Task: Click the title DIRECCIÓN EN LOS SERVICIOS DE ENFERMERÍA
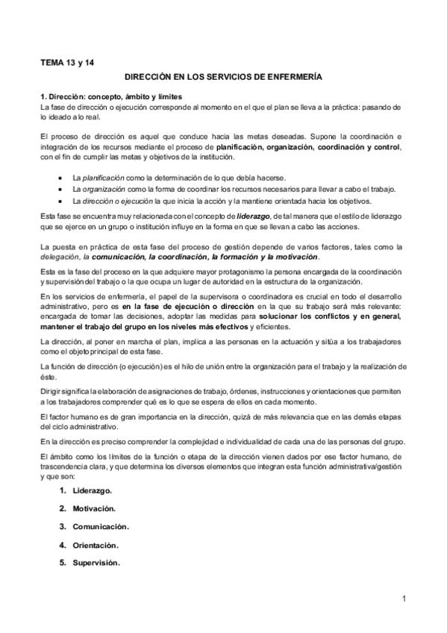(x=223, y=76)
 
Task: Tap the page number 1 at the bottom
(x=403, y=598)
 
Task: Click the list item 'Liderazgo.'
(x=93, y=490)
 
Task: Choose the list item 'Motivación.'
(x=94, y=508)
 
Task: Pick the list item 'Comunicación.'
(x=101, y=526)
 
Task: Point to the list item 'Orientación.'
(x=96, y=544)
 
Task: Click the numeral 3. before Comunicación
(x=63, y=526)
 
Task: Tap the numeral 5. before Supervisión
(x=63, y=562)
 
